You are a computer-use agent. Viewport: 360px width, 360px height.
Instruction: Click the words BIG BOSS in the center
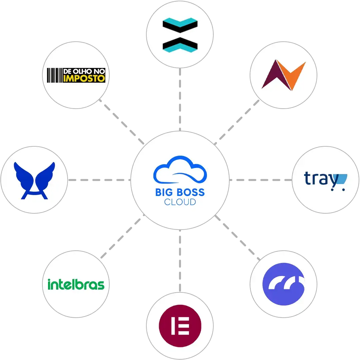tap(180, 192)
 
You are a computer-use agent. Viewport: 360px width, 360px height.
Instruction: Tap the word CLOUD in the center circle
tap(180, 202)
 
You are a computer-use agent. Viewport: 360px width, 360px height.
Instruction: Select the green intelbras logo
tap(76, 284)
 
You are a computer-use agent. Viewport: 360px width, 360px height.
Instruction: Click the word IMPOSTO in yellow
tap(84, 78)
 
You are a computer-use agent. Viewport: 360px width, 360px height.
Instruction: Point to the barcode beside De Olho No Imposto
tap(54, 75)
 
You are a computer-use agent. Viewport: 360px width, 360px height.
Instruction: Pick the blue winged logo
tap(34, 180)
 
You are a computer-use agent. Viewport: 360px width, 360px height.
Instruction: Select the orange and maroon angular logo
tap(284, 75)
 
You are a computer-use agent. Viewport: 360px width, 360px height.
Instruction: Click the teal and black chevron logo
tap(180, 35)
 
